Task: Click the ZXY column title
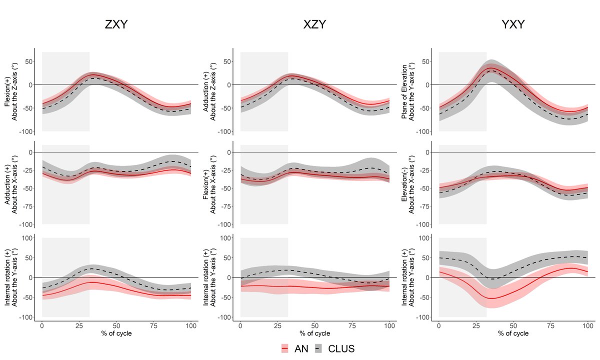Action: [116, 24]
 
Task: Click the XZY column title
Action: [314, 24]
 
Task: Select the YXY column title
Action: [513, 24]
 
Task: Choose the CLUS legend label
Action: [341, 348]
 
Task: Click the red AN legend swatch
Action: [285, 348]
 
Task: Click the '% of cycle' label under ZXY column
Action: [116, 333]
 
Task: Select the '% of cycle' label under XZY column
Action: [315, 333]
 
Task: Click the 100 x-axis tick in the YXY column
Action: [587, 325]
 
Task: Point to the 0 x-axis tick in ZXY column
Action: [42, 325]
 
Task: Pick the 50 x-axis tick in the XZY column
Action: [315, 325]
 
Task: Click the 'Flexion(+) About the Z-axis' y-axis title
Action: [11, 90]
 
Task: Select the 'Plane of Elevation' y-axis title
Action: [408, 90]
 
